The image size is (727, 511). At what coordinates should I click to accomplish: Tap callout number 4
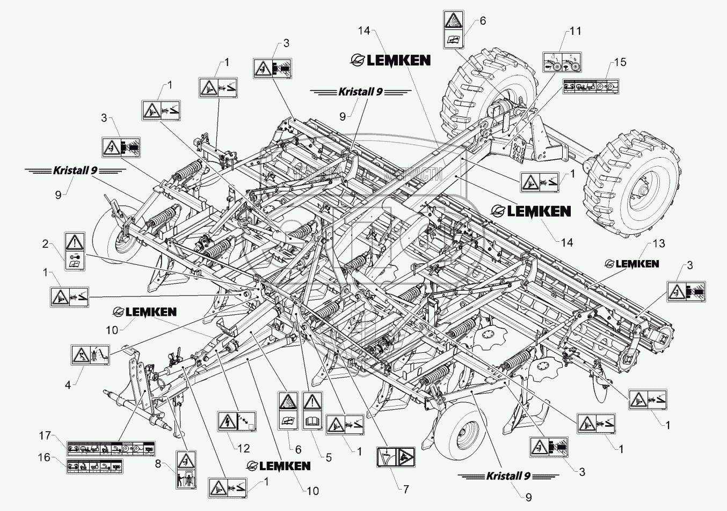(68, 384)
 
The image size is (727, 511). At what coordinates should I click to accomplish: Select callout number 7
(405, 489)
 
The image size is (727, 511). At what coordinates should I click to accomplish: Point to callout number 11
(575, 31)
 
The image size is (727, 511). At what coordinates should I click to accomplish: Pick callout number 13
(658, 243)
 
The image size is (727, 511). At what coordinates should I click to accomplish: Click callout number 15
(620, 62)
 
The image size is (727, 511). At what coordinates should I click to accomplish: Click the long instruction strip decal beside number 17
(110, 447)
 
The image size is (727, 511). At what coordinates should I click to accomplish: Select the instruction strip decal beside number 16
(94, 466)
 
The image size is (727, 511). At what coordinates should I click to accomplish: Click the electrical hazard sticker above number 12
(237, 422)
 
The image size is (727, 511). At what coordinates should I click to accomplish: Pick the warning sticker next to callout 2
(74, 251)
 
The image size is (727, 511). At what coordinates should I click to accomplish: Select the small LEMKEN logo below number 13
(631, 263)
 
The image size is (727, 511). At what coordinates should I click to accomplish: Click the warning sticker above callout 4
(89, 354)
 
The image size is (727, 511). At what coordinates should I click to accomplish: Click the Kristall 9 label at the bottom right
(508, 476)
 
